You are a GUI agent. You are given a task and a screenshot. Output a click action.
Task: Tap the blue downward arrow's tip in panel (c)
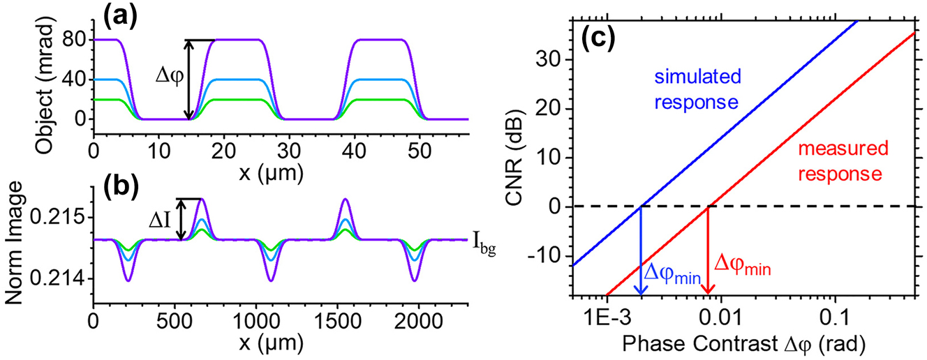coord(641,294)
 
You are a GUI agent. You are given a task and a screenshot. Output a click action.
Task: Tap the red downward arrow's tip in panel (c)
coord(709,292)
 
